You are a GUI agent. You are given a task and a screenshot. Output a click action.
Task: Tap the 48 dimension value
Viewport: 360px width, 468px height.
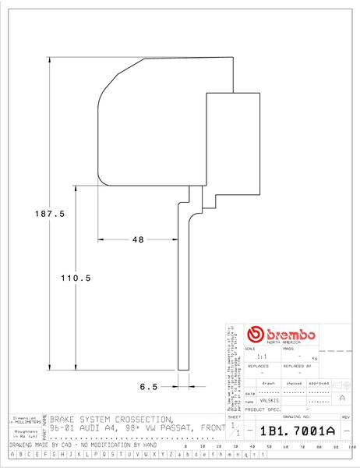pos(138,239)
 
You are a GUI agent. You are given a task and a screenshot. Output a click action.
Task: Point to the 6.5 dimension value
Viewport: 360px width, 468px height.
pos(149,385)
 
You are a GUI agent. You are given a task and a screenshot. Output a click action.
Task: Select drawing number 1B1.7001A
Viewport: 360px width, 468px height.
pos(296,431)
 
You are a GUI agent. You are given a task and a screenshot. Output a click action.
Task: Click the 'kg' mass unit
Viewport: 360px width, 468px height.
pos(314,357)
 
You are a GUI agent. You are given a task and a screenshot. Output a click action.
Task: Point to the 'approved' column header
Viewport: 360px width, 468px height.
pos(319,384)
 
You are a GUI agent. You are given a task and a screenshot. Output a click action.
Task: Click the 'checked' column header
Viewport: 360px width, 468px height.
pos(294,384)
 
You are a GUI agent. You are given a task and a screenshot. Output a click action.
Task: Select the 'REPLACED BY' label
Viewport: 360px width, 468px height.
pos(297,365)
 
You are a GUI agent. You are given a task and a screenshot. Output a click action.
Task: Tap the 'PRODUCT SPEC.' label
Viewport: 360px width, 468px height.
pos(262,409)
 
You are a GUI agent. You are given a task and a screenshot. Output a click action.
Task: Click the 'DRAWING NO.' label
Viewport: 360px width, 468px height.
pos(297,418)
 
